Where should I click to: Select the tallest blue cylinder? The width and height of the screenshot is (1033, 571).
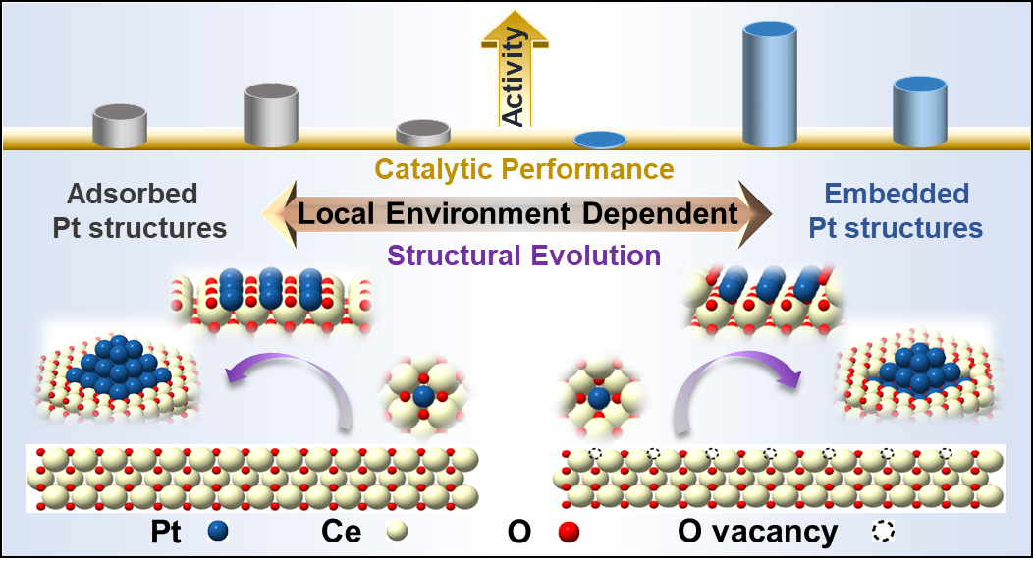click(x=769, y=85)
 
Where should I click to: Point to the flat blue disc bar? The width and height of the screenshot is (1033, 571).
click(x=599, y=140)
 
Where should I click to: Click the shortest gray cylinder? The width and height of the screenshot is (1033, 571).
click(x=423, y=133)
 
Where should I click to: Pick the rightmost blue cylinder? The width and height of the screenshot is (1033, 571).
click(x=919, y=111)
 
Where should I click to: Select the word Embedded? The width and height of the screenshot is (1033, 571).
click(x=897, y=194)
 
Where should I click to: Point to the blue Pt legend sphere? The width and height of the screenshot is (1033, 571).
click(x=219, y=532)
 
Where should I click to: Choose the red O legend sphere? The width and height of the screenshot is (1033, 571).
click(x=568, y=532)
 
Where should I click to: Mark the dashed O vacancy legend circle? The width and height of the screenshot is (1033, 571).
click(x=883, y=532)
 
